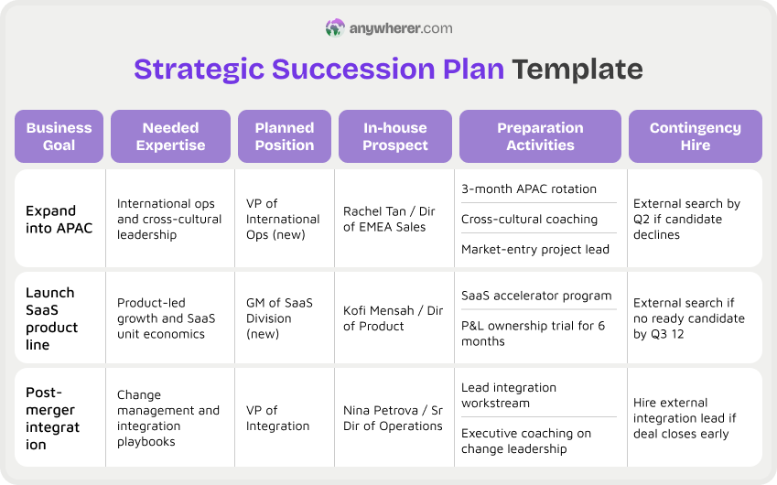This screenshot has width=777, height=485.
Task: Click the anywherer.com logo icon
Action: [335, 28]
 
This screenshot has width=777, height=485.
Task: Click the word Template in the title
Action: [577, 70]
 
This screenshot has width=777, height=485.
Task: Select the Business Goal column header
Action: [59, 136]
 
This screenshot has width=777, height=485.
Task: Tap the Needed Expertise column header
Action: [170, 136]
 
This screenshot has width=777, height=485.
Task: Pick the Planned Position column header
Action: [285, 136]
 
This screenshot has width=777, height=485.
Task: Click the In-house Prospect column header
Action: [394, 136]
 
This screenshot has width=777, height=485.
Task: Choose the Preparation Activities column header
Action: [540, 136]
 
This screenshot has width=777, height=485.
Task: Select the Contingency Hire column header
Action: [695, 136]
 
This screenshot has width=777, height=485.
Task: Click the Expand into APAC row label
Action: [59, 219]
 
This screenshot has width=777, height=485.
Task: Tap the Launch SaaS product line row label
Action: [51, 318]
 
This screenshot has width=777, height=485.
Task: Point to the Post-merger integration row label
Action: [53, 418]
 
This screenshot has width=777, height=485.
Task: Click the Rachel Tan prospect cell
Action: [390, 219]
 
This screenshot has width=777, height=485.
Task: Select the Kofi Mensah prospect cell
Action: [388, 318]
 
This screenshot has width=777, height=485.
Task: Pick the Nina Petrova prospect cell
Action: [393, 418]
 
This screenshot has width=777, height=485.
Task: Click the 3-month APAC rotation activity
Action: [529, 189]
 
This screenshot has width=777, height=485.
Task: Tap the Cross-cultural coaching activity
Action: [529, 220]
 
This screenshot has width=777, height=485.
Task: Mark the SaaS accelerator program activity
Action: [536, 296]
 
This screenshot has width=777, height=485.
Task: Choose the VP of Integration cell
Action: [277, 418]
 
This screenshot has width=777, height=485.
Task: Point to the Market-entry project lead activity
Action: [535, 249]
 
